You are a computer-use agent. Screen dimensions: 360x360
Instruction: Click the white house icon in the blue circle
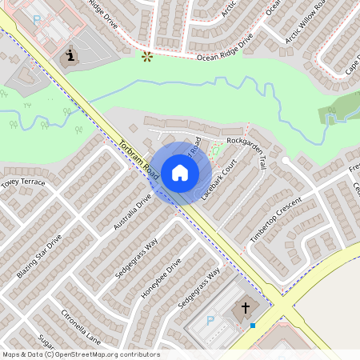point(180,173)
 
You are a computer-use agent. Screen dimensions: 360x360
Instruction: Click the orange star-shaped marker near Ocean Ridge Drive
point(146,57)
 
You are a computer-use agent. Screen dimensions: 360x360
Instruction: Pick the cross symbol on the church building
point(246,307)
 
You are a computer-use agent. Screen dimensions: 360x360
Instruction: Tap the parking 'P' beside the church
point(210,320)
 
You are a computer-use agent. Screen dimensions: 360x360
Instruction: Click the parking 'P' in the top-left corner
point(37,18)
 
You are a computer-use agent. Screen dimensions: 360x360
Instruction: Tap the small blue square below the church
point(253,325)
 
